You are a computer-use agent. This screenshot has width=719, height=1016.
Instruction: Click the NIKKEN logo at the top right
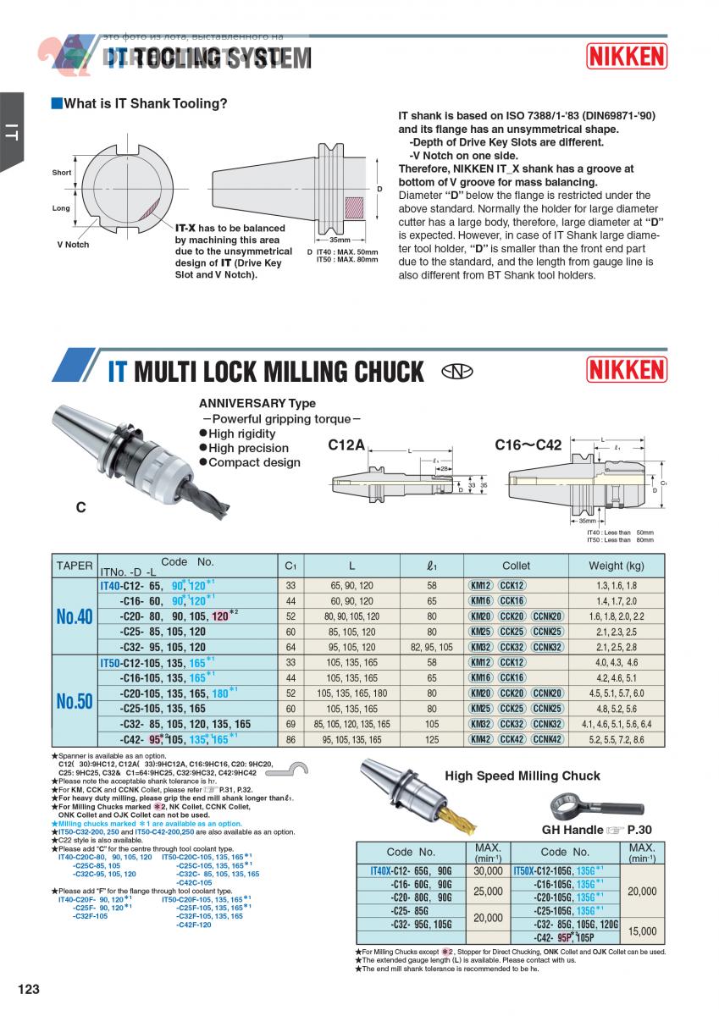click(x=627, y=56)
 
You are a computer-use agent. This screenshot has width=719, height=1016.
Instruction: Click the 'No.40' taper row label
click(x=75, y=616)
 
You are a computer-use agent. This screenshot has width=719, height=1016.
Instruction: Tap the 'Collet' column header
click(x=516, y=566)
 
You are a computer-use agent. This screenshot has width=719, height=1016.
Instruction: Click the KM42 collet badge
click(x=480, y=739)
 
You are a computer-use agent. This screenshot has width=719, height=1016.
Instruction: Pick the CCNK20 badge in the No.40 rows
click(x=547, y=616)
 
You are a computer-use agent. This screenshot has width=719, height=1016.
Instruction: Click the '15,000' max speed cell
click(x=641, y=931)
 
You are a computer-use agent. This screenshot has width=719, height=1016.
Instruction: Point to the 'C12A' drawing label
click(x=346, y=444)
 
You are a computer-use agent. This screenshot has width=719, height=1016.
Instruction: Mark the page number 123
click(x=29, y=989)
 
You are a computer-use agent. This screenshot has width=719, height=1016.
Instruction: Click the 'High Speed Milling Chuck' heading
click(x=523, y=776)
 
